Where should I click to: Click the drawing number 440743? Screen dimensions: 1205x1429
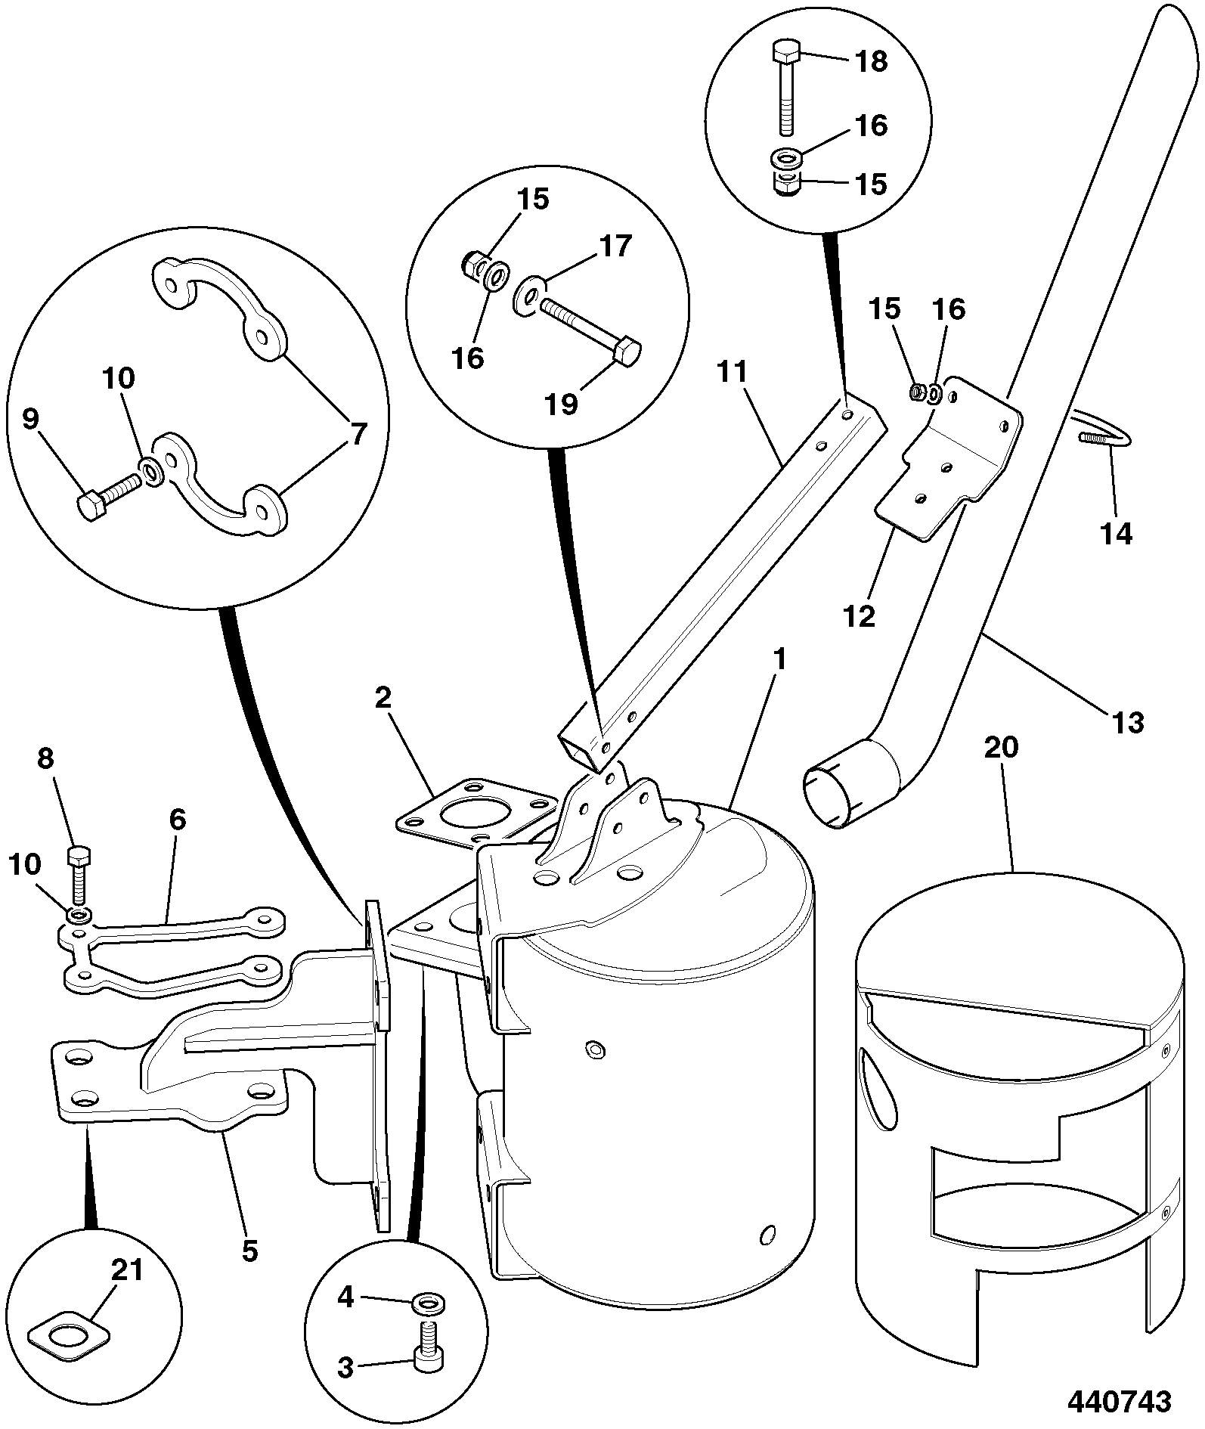pyautogui.click(x=1119, y=1401)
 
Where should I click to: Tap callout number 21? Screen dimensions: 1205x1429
pyautogui.click(x=127, y=1269)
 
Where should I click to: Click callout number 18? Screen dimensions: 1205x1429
pyautogui.click(x=872, y=61)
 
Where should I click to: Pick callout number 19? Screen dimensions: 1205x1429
pyautogui.click(x=562, y=403)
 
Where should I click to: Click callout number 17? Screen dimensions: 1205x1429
pyautogui.click(x=616, y=246)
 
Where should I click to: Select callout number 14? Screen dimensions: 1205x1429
pyautogui.click(x=1116, y=534)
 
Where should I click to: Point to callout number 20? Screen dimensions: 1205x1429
pyautogui.click(x=1002, y=748)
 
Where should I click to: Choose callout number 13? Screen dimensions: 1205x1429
pyautogui.click(x=1127, y=723)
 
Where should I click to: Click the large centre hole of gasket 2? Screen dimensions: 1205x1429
pyautogui.click(x=470, y=817)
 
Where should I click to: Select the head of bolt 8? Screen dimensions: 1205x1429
pyautogui.click(x=79, y=857)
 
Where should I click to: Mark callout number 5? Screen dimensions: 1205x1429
pyautogui.click(x=250, y=1251)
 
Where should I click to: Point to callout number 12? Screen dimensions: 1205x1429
pyautogui.click(x=860, y=616)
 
